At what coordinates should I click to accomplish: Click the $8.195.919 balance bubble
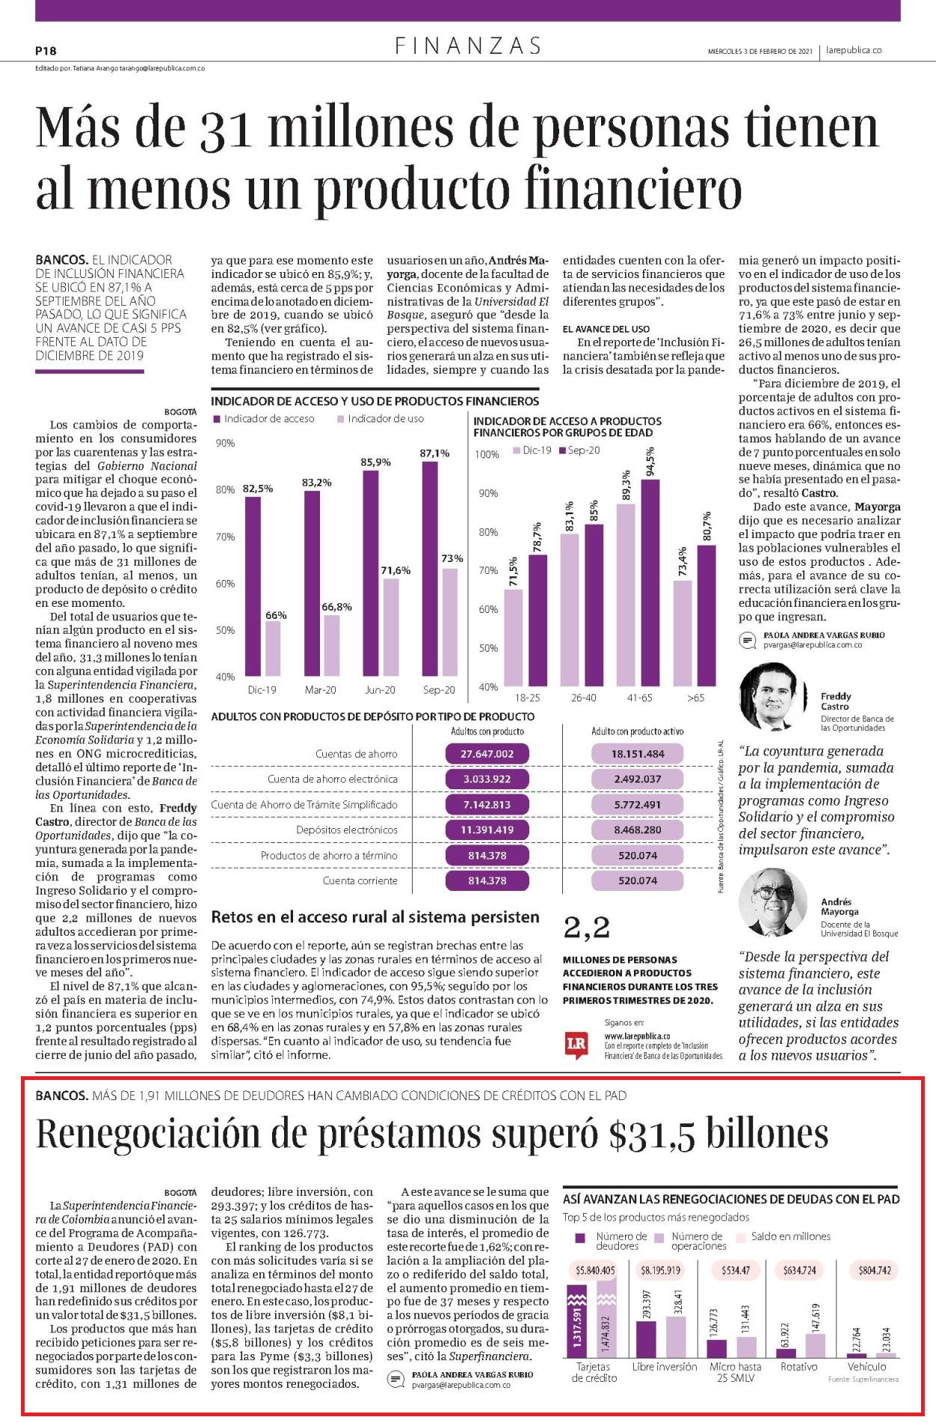[x=661, y=1270]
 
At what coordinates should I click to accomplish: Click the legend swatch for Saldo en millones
[x=742, y=1237]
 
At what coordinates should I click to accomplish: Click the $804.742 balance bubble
[x=874, y=1270]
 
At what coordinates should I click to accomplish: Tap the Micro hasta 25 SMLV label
[x=736, y=1372]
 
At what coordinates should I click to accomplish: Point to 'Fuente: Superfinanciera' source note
[x=863, y=1380]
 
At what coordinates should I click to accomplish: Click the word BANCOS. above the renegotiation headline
[x=62, y=1096]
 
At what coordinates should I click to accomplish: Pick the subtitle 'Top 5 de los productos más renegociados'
[x=656, y=1217]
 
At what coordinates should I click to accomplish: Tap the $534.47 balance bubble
[x=736, y=1270]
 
